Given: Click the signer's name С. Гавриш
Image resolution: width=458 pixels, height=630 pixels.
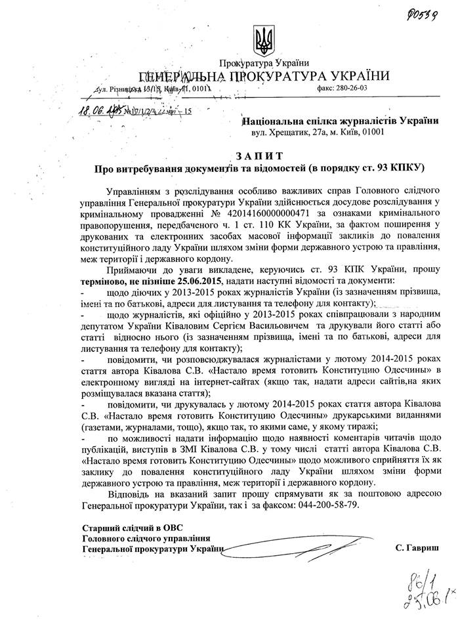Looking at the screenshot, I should coord(418,547).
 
